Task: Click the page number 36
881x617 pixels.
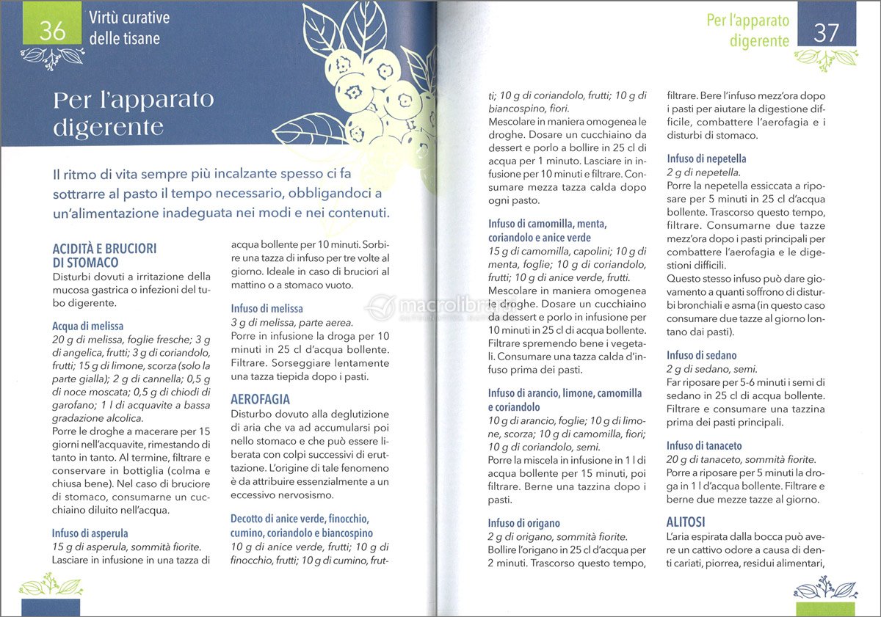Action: click(x=53, y=30)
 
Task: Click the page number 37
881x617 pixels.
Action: click(x=827, y=34)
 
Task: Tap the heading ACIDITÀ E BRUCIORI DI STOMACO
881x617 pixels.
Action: click(x=104, y=255)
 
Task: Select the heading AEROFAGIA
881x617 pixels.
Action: click(x=260, y=400)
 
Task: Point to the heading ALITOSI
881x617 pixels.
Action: click(x=686, y=522)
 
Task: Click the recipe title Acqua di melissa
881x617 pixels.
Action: click(x=87, y=326)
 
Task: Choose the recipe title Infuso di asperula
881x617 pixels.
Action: click(x=90, y=533)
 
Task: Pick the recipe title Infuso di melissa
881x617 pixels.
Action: click(x=267, y=309)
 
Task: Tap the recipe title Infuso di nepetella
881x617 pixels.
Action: click(x=706, y=158)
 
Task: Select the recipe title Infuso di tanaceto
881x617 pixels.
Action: click(x=704, y=445)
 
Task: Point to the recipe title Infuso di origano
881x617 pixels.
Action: click(x=524, y=523)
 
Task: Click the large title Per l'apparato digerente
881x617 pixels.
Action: click(x=133, y=113)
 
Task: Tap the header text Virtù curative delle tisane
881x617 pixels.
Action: click(x=128, y=28)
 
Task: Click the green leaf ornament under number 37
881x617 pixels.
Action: click(x=826, y=59)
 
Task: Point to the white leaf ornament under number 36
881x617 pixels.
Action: click(x=52, y=55)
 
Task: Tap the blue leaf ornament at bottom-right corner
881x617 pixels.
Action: click(x=826, y=588)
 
